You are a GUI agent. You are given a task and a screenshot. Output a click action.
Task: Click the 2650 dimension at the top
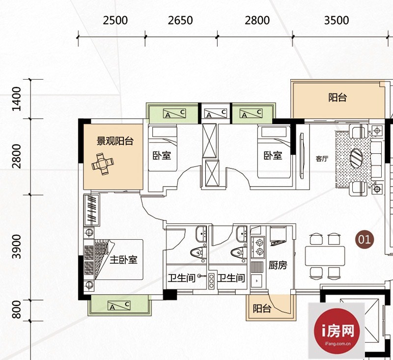click(x=180, y=20)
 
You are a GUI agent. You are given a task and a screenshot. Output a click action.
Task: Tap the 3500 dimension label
click(x=337, y=20)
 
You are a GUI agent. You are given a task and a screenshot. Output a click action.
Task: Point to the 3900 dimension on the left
click(x=17, y=247)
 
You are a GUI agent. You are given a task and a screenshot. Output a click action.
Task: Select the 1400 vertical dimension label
click(x=17, y=99)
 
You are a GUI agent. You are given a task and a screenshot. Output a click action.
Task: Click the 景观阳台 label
click(x=115, y=141)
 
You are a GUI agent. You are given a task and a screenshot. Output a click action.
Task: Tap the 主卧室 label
click(x=124, y=260)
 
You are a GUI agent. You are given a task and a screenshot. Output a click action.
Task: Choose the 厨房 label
click(x=278, y=265)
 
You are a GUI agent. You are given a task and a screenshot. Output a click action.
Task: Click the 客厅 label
click(x=322, y=159)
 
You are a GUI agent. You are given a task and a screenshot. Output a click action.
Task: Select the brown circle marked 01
click(x=364, y=240)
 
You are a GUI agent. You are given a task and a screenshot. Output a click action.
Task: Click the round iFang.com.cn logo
click(x=337, y=331)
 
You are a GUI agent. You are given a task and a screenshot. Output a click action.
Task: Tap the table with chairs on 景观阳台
click(x=103, y=164)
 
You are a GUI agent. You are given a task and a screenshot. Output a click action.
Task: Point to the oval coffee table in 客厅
click(x=356, y=158)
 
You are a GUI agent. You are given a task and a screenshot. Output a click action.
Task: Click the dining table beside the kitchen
click(x=325, y=256)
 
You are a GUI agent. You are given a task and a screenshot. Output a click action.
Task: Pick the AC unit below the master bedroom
click(x=119, y=305)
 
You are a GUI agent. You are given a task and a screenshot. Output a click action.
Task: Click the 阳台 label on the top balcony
click(x=337, y=97)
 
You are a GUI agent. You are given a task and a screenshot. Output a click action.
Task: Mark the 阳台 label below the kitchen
click(x=262, y=308)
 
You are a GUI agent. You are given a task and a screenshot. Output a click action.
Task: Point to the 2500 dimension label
click(x=115, y=20)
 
